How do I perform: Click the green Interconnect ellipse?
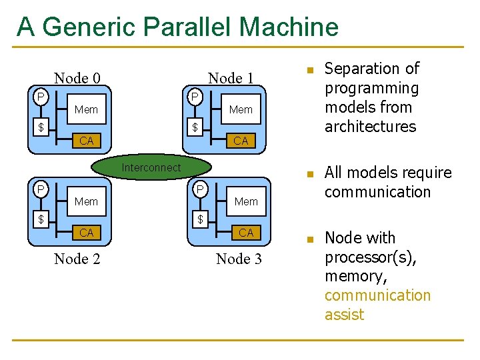151,168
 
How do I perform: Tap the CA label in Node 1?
241,141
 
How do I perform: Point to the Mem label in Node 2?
86,201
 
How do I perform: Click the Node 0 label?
77,78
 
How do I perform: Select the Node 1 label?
231,78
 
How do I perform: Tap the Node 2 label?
77,259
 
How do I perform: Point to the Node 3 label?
239,259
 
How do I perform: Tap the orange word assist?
344,315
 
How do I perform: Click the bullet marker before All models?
309,175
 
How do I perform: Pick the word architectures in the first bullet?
370,127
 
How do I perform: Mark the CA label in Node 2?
86,233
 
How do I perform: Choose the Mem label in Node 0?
86,109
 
